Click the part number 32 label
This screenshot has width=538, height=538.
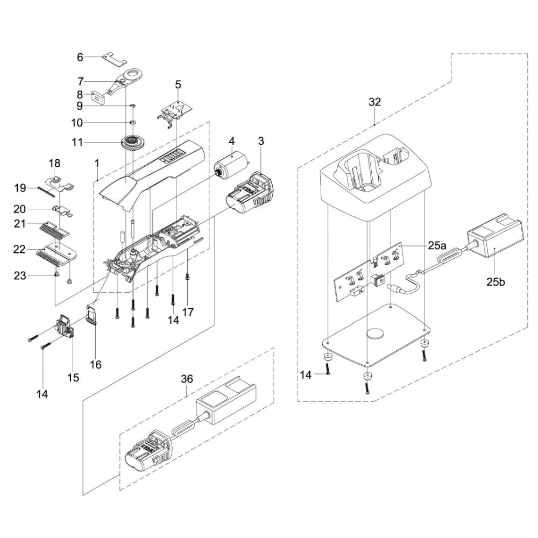pyautogui.click(x=374, y=101)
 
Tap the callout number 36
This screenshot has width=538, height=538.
pyautogui.click(x=187, y=379)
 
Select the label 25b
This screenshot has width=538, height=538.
pyautogui.click(x=495, y=281)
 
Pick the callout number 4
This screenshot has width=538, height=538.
pyautogui.click(x=231, y=141)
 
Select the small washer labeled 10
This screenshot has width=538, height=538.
pyautogui.click(x=132, y=122)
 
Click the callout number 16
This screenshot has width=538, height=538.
pyautogui.click(x=95, y=365)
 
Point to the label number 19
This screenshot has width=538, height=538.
pyautogui.click(x=20, y=188)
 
